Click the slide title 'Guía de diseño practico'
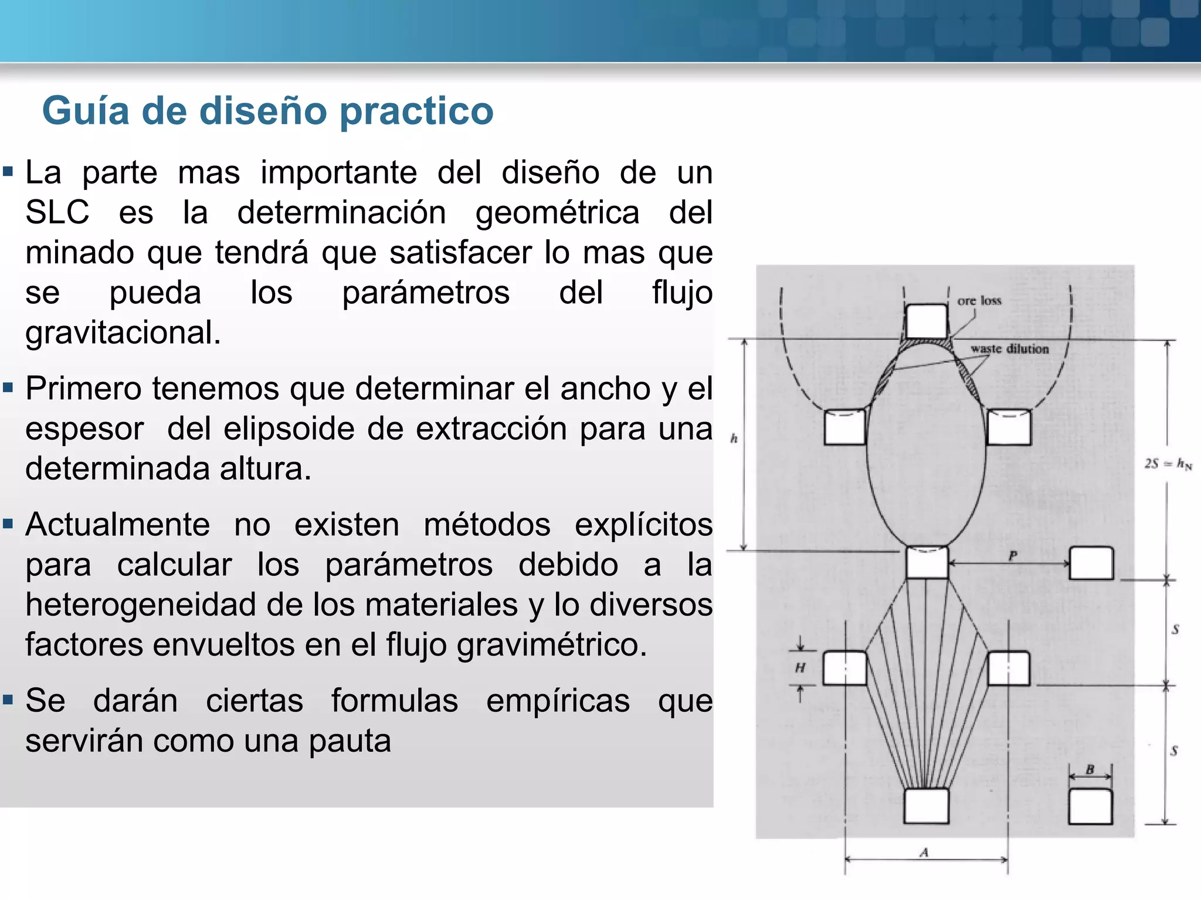[x=267, y=111]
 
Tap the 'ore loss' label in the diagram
[x=979, y=301]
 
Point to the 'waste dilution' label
[x=1009, y=349]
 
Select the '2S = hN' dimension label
[x=1168, y=464]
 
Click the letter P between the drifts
[x=1013, y=555]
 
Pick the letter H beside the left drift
[x=800, y=667]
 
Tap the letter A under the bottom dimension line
[x=924, y=852]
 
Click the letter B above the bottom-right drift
[x=1090, y=769]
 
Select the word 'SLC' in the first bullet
[x=57, y=212]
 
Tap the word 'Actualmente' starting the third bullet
[x=117, y=524]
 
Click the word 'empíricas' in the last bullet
[x=558, y=701]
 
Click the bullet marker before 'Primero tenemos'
[x=8, y=388]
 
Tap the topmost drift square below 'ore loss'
[x=926, y=321]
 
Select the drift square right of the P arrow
[x=1091, y=563]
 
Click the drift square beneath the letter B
[x=1090, y=807]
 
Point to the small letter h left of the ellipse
[x=734, y=438]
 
